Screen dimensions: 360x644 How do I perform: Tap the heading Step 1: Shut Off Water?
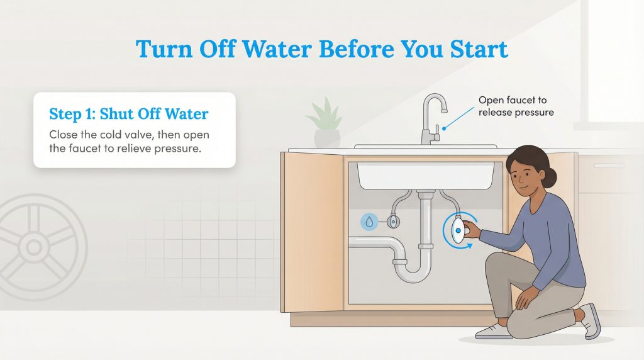128,114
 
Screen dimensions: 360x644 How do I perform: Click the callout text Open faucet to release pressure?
516,106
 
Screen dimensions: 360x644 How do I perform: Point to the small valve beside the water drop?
392,221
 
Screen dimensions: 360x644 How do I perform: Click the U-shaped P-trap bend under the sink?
409,271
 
